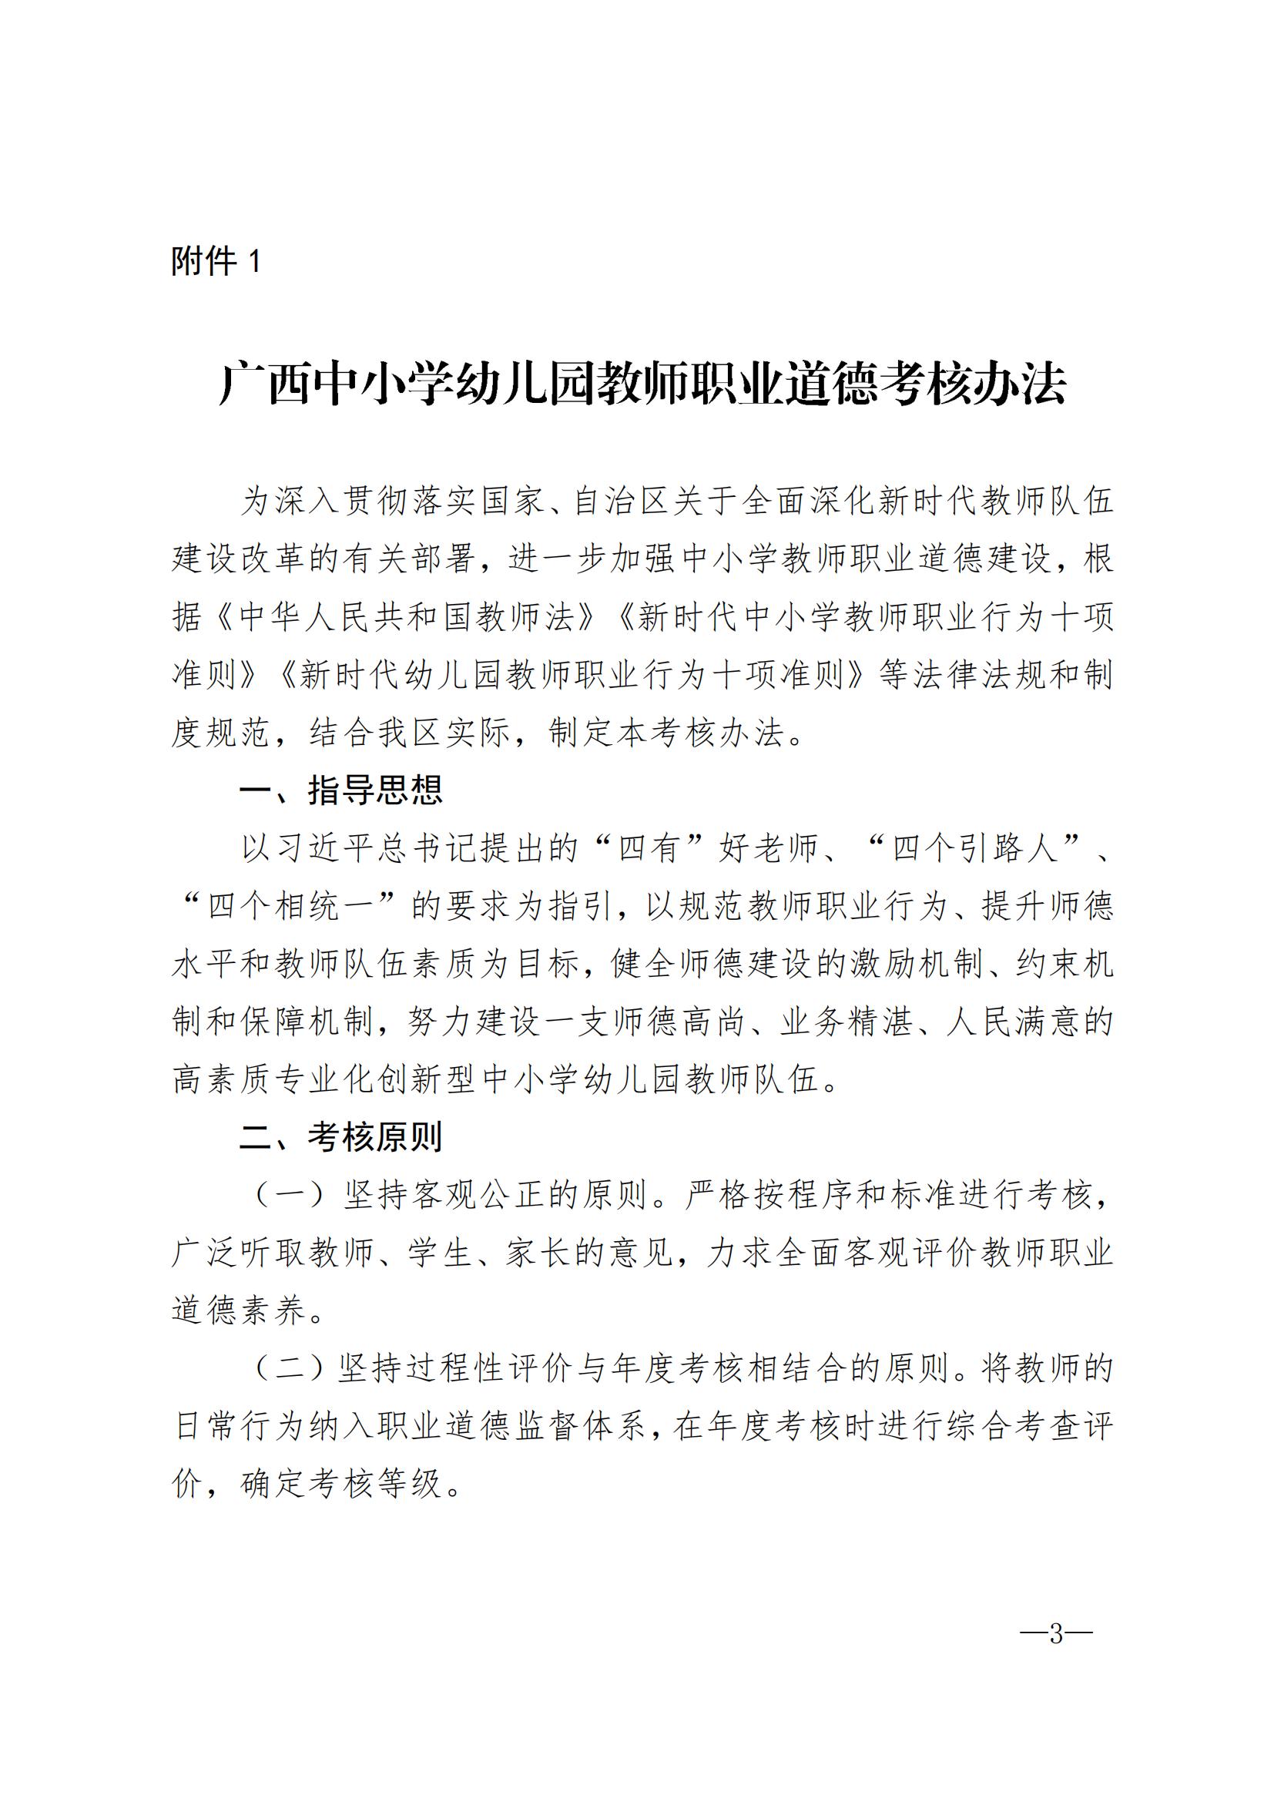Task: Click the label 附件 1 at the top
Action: click(x=216, y=260)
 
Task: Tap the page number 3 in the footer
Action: click(x=1055, y=1634)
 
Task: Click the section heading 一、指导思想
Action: click(x=340, y=790)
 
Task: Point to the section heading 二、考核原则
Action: click(x=340, y=1137)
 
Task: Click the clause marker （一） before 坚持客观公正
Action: click(x=289, y=1196)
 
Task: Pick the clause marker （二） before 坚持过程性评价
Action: click(x=289, y=1370)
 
